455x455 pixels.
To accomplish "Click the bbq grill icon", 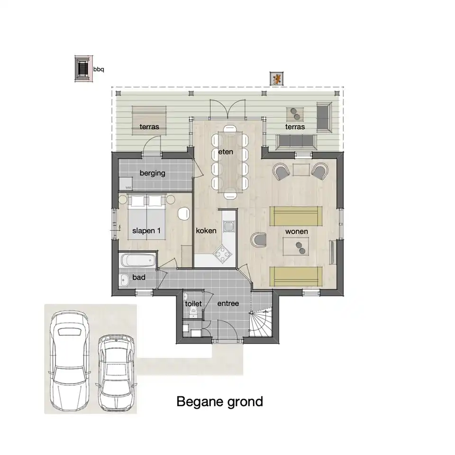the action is point(83,69).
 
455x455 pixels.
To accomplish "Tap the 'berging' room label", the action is point(152,173).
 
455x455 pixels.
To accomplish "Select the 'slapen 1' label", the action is point(146,231).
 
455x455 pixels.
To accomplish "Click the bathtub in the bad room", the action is point(138,260).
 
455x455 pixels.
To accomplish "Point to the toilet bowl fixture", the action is point(193,312).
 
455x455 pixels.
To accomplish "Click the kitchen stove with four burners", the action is point(223,254).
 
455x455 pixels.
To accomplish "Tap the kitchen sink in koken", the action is point(228,227).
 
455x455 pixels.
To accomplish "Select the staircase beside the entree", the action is point(261,323).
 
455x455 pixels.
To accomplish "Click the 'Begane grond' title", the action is point(219,402).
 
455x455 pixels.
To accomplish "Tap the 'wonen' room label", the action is point(297,231).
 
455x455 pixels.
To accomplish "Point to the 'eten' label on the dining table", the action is point(226,152).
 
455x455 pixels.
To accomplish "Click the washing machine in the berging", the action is point(126,184).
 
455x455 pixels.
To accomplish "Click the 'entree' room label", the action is point(228,303).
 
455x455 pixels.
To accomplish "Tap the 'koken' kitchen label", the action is point(206,231).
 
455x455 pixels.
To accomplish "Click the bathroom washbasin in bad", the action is point(124,280).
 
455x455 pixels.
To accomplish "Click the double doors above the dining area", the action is point(228,109).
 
